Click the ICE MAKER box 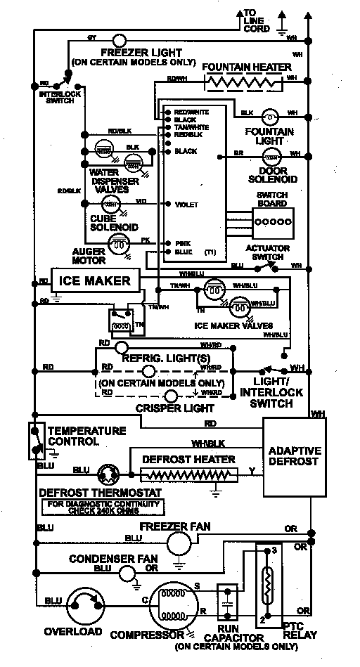pos(95,281)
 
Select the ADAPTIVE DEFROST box pos(294,456)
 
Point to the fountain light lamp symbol pos(270,116)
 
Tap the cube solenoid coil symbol pos(110,205)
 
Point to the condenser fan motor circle pos(127,574)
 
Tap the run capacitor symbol pos(227,602)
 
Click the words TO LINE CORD pos(256,21)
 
